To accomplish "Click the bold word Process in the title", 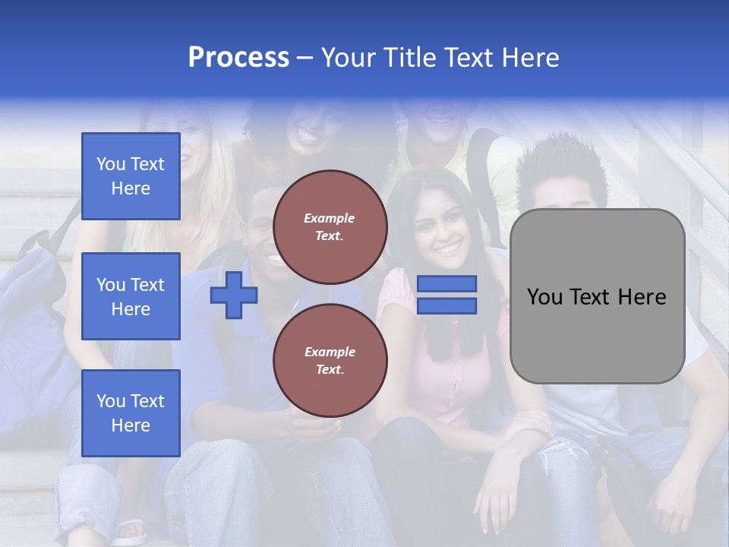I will [238, 58].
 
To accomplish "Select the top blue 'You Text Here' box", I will [131, 176].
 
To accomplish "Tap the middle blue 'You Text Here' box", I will [131, 296].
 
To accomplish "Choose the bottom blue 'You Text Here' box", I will [131, 413].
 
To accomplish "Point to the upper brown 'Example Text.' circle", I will [330, 226].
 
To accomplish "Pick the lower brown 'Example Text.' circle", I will [330, 360].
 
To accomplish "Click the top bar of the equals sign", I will [447, 283].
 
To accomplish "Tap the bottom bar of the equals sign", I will [447, 306].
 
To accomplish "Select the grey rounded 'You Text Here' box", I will [597, 296].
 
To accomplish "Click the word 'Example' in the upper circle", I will [330, 218].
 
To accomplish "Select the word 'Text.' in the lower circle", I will [330, 369].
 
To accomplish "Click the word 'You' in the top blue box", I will [111, 164].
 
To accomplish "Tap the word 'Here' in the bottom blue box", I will [131, 425].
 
